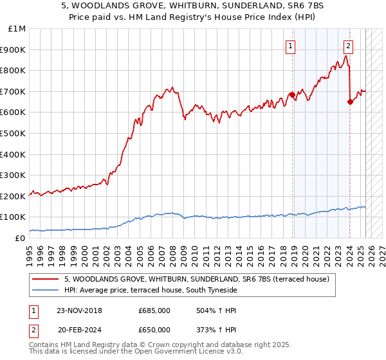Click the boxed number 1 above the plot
click(291, 46)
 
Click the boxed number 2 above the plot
click(348, 46)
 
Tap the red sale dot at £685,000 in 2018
click(292, 94)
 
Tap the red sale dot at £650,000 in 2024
click(350, 102)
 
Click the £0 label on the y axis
click(20, 238)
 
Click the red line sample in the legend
click(46, 279)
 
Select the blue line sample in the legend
click(46, 291)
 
